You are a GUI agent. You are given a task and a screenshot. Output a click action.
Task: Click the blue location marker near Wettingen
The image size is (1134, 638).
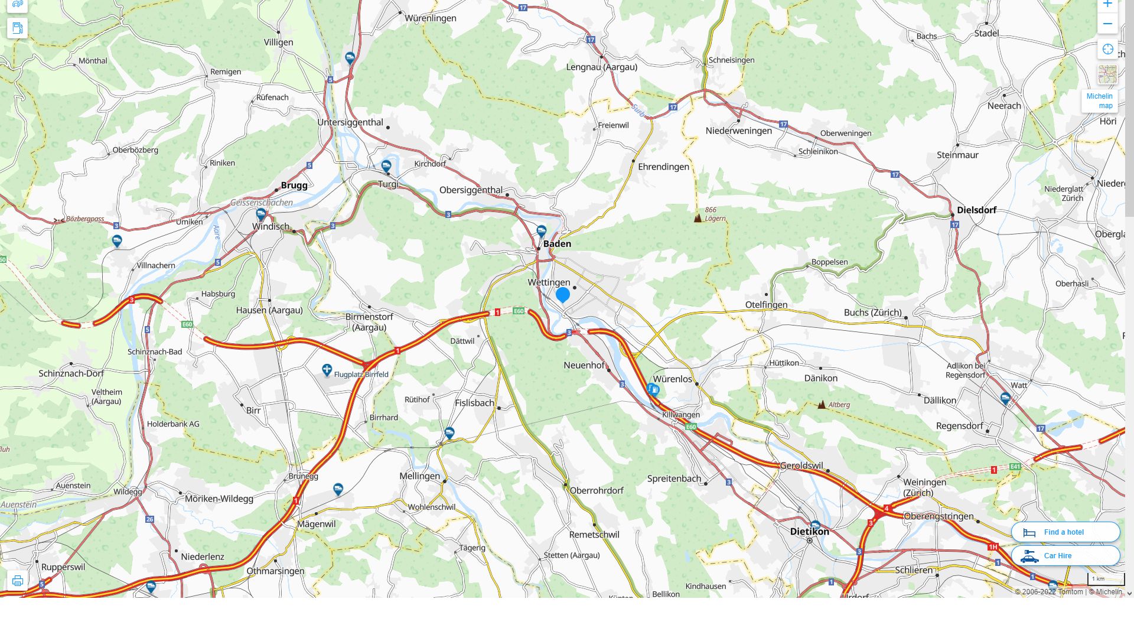[x=563, y=294]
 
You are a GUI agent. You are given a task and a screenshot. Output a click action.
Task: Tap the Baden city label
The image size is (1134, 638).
[x=557, y=243]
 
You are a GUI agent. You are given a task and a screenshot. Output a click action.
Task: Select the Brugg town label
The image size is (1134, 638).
[x=294, y=185]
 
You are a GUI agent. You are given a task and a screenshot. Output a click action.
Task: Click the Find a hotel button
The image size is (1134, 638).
[x=1065, y=532]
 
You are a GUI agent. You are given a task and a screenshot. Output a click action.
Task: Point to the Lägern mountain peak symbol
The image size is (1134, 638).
[x=698, y=218]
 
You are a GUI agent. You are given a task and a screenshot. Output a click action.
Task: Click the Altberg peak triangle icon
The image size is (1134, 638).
[x=822, y=405]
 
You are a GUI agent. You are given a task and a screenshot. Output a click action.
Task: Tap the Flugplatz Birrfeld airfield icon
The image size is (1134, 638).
[x=327, y=370]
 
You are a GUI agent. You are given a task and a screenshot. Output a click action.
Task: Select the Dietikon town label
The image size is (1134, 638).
[x=809, y=531]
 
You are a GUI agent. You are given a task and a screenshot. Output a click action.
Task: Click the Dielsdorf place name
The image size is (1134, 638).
[x=976, y=210]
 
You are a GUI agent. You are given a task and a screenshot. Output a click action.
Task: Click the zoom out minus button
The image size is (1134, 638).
[x=1107, y=24]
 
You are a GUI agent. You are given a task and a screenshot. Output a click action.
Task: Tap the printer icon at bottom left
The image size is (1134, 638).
[x=18, y=581]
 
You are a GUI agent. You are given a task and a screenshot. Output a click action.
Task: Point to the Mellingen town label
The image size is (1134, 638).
[x=419, y=476]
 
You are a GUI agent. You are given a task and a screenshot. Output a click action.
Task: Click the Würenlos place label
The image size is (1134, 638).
[x=672, y=379]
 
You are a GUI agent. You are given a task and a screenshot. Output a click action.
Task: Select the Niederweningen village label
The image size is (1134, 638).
[x=738, y=131]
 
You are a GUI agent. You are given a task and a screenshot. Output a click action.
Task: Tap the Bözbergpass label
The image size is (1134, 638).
[x=84, y=219]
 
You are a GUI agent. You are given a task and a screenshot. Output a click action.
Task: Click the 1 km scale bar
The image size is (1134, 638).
[x=1106, y=580]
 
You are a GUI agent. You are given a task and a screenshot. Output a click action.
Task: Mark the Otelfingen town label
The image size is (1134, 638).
[x=766, y=305]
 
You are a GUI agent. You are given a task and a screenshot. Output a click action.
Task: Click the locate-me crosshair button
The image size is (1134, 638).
[x=1107, y=50]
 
